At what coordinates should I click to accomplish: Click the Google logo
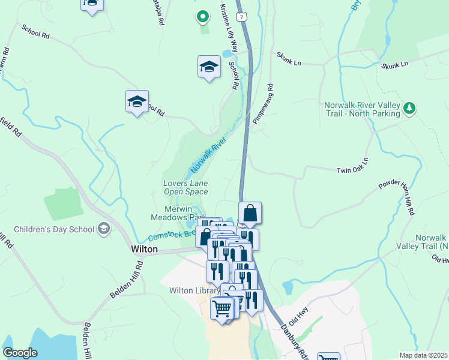[20, 353]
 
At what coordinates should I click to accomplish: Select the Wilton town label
[144, 248]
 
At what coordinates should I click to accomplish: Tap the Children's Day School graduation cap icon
[104, 229]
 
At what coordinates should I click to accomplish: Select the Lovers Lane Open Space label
[185, 187]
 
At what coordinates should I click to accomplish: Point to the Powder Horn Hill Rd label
[397, 198]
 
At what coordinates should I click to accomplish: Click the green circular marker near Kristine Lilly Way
[203, 17]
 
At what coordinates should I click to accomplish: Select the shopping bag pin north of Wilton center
[250, 213]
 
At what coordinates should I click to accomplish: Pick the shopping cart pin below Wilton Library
[221, 309]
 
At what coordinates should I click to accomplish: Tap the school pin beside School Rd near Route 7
[209, 67]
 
